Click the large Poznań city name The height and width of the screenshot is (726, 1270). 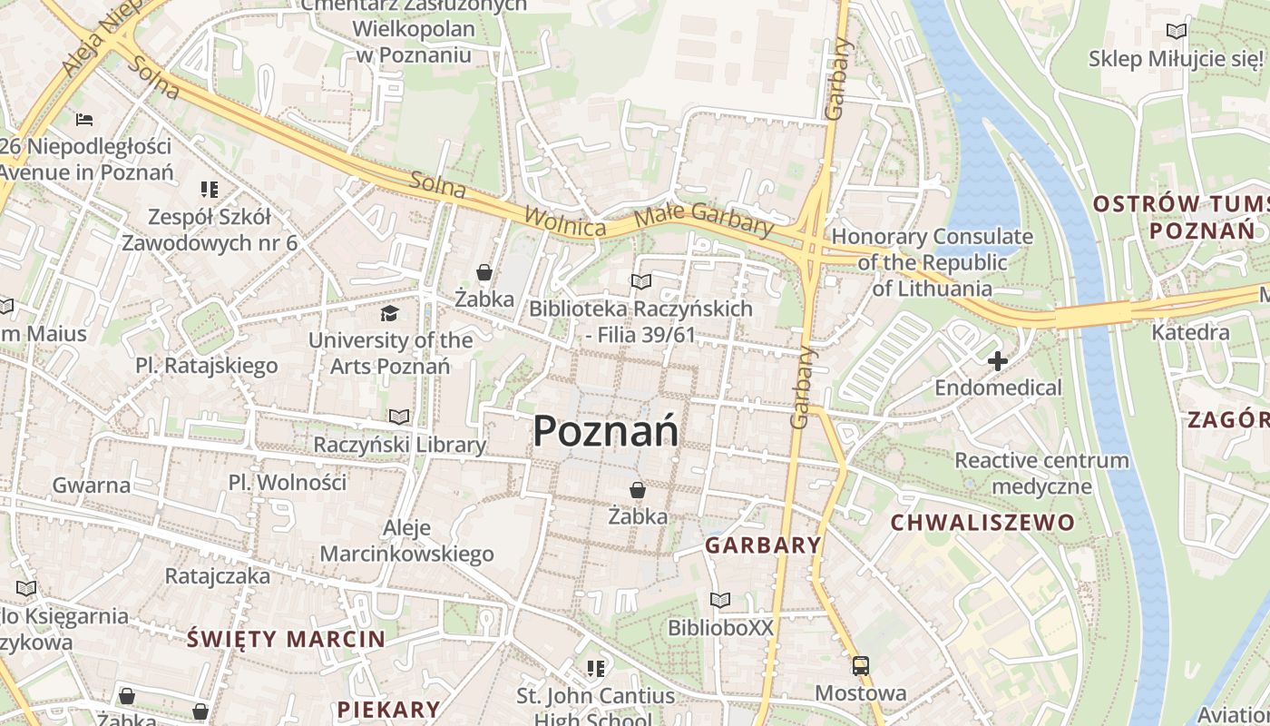click(x=606, y=430)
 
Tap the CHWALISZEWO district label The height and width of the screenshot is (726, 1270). click(x=982, y=523)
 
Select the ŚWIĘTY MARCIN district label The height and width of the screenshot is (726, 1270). click(x=287, y=639)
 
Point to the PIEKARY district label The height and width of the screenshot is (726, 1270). click(x=388, y=709)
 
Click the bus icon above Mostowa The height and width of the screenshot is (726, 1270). click(x=860, y=667)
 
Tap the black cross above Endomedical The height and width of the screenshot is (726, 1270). click(x=998, y=361)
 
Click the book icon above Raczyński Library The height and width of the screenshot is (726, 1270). click(x=399, y=417)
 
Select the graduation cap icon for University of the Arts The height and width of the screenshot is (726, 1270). click(x=390, y=314)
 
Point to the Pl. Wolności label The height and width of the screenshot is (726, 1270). click(x=288, y=482)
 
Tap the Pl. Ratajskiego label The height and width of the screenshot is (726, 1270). click(x=207, y=366)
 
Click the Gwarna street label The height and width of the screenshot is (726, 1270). click(x=92, y=485)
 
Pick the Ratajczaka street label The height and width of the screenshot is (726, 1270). click(x=218, y=575)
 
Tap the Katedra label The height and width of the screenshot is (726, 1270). click(x=1190, y=332)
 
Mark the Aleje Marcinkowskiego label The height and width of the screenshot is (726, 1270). click(x=407, y=541)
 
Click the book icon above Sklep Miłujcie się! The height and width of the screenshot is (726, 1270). click(x=1177, y=32)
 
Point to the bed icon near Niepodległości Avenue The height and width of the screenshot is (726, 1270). click(x=84, y=119)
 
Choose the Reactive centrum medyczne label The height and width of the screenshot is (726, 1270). click(x=1041, y=473)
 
